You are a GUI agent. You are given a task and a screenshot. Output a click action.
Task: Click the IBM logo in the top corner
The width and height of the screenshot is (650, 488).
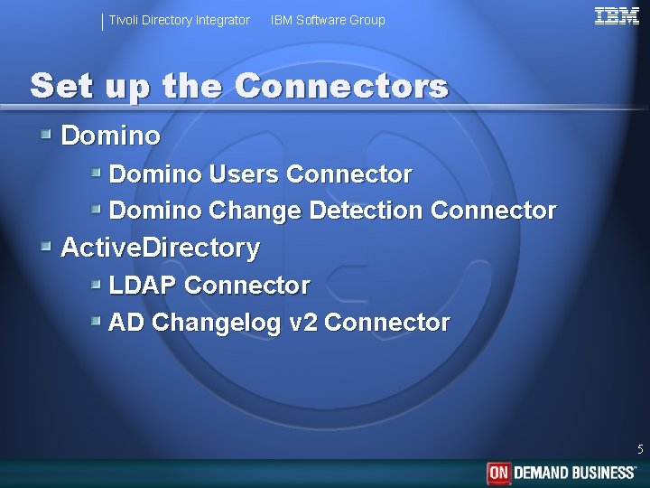[617, 15]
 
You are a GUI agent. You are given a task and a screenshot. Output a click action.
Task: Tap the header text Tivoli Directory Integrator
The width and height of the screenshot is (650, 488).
[179, 20]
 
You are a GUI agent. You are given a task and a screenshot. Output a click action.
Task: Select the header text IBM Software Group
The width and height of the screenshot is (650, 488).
[328, 20]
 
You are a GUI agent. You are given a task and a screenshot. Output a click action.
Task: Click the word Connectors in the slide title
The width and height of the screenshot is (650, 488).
[341, 87]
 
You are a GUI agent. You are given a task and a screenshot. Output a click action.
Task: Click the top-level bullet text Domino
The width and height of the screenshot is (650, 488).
[110, 136]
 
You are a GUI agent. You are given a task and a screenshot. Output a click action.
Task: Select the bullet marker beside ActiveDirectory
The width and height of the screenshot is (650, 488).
[46, 247]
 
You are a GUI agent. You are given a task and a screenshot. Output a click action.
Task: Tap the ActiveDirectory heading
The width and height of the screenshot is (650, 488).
[160, 248]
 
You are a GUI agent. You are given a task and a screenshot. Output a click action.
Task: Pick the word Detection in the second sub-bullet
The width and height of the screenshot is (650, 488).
[366, 211]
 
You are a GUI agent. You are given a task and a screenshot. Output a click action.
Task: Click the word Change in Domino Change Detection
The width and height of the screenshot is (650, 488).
[255, 211]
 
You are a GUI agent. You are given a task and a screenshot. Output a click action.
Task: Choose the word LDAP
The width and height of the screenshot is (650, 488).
[143, 286]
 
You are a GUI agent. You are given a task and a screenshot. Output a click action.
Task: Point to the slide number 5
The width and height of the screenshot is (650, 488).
[640, 449]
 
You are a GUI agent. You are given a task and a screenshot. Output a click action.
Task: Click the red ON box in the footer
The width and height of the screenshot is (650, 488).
[498, 473]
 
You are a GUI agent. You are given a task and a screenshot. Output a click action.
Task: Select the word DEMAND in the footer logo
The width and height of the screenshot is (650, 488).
[542, 473]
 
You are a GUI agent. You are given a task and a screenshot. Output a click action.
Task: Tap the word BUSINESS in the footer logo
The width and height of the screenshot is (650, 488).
[602, 473]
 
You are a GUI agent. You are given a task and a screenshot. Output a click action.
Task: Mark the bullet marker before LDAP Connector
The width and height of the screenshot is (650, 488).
[96, 285]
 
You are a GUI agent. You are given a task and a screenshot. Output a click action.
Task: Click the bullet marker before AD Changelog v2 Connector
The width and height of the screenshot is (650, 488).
[96, 322]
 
